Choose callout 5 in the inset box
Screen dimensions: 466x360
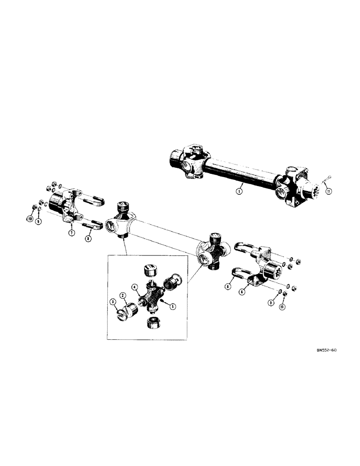[173, 306]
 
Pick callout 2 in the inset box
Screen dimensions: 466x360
[123, 295]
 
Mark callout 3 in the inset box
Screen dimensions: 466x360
[113, 302]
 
